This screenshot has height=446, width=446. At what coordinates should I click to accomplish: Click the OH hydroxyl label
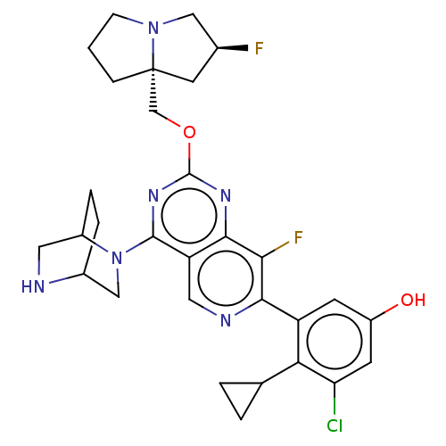tap(413, 300)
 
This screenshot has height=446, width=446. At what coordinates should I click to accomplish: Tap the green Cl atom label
tap(334, 425)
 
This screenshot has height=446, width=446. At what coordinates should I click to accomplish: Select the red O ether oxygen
tap(189, 132)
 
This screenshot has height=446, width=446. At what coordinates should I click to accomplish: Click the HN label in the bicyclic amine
tap(33, 286)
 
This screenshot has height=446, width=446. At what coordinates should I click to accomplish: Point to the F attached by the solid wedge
tap(259, 48)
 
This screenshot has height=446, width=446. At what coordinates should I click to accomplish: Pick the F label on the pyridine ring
tap(298, 237)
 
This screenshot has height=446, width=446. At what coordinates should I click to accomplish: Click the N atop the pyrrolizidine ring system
tap(153, 29)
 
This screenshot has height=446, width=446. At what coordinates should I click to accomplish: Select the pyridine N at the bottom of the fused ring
tap(226, 320)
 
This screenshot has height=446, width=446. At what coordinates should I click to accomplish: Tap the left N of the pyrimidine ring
tap(153, 195)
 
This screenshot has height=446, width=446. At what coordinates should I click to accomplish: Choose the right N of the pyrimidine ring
tap(226, 195)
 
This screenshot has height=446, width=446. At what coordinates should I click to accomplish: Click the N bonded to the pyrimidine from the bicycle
tap(117, 258)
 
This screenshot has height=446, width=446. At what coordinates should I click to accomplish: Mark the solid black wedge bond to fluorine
tap(233, 48)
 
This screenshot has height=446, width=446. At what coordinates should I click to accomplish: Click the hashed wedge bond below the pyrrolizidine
tap(153, 91)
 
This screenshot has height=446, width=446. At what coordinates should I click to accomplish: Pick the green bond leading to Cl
tap(334, 399)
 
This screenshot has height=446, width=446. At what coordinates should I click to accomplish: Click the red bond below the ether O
tap(189, 151)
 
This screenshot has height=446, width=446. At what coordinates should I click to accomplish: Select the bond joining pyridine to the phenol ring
tap(280, 310)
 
